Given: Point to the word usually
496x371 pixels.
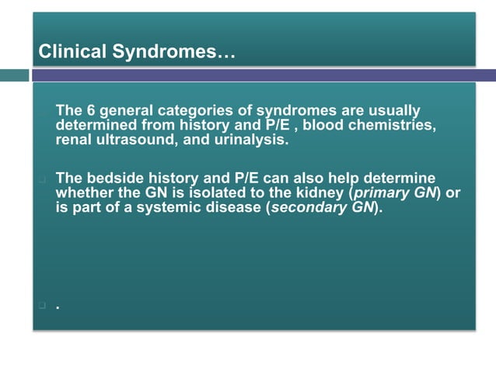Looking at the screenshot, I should pyautogui.click(x=392, y=111).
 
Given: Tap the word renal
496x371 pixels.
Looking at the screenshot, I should pyautogui.click(x=73, y=140).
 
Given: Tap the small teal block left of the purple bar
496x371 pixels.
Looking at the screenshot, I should pyautogui.click(x=14, y=75).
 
